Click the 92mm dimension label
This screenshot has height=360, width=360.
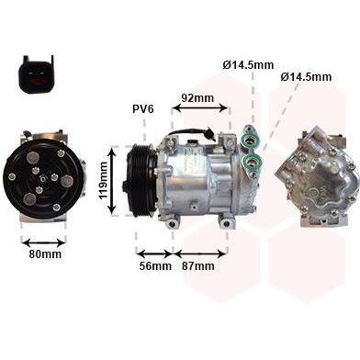tap(197, 98)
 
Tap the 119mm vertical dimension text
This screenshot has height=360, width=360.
tap(103, 180)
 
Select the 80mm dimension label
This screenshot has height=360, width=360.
tap(45, 253)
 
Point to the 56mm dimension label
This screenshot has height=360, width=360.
tap(155, 265)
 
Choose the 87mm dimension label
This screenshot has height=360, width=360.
tap(198, 265)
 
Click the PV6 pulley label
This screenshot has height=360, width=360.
tap(143, 109)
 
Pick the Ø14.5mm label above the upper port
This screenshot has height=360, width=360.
tap(248, 65)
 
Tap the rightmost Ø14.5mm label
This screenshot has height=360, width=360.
tap(306, 77)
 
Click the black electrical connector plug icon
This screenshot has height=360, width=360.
tap(36, 75)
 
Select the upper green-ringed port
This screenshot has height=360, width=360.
tap(251, 141)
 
